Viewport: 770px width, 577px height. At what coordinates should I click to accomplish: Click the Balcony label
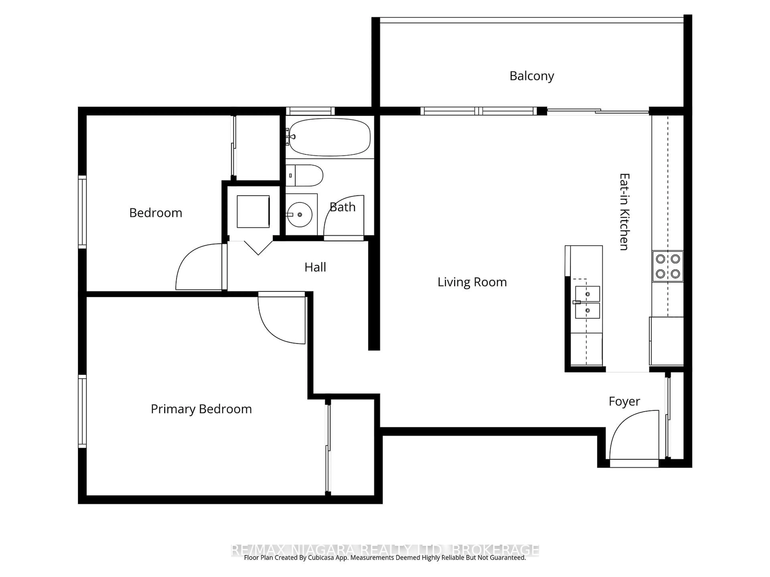(532, 76)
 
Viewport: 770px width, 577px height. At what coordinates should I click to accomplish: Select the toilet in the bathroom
(306, 176)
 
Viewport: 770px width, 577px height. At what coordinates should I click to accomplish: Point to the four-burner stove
(668, 266)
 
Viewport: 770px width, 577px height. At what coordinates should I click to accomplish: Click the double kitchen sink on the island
(587, 302)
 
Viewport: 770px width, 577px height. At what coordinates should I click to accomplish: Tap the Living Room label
(472, 282)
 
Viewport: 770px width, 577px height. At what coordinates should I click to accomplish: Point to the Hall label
(315, 267)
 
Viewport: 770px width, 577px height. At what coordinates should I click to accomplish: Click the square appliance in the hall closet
(253, 211)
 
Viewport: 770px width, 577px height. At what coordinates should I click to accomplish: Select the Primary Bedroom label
(201, 409)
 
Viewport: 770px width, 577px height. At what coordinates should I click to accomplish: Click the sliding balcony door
(598, 111)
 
